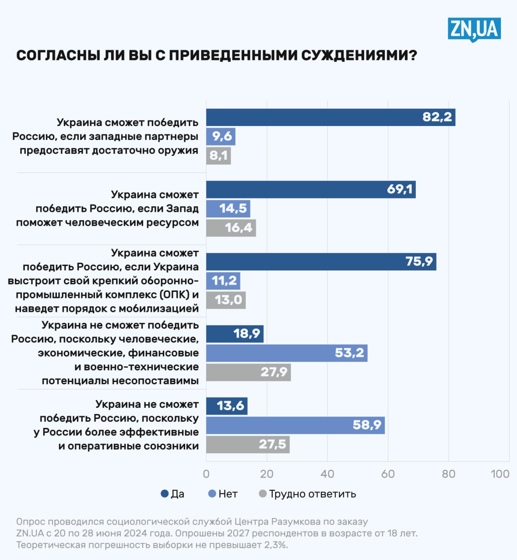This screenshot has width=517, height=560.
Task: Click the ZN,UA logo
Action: click(x=474, y=29)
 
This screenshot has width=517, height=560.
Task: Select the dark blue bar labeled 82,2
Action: click(x=331, y=117)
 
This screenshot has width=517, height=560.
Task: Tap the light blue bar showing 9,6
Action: click(x=221, y=136)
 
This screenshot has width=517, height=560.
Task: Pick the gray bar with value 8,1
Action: click(x=218, y=156)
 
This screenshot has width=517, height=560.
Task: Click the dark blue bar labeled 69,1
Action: click(x=311, y=189)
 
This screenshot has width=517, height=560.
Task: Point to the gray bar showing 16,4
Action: click(x=231, y=228)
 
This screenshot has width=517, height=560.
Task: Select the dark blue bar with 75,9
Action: click(x=321, y=262)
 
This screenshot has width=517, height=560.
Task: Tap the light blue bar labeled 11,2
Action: click(x=223, y=281)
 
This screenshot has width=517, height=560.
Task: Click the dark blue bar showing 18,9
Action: click(x=235, y=334)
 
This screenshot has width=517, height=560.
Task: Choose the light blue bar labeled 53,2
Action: click(x=287, y=353)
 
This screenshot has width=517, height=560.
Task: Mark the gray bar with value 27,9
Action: click(x=248, y=372)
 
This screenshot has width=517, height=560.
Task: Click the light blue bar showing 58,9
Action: click(x=295, y=425)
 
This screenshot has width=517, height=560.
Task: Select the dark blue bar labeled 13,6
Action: click(x=227, y=406)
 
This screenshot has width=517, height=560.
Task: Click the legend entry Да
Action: click(x=173, y=494)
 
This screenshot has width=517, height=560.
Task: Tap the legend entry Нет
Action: click(x=223, y=494)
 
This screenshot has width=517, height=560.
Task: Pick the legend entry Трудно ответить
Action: click(x=307, y=494)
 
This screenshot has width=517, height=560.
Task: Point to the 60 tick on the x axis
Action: click(x=388, y=474)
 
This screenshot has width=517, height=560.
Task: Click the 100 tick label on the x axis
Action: click(x=500, y=474)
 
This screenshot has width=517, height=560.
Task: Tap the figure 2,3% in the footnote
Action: click(x=274, y=545)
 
